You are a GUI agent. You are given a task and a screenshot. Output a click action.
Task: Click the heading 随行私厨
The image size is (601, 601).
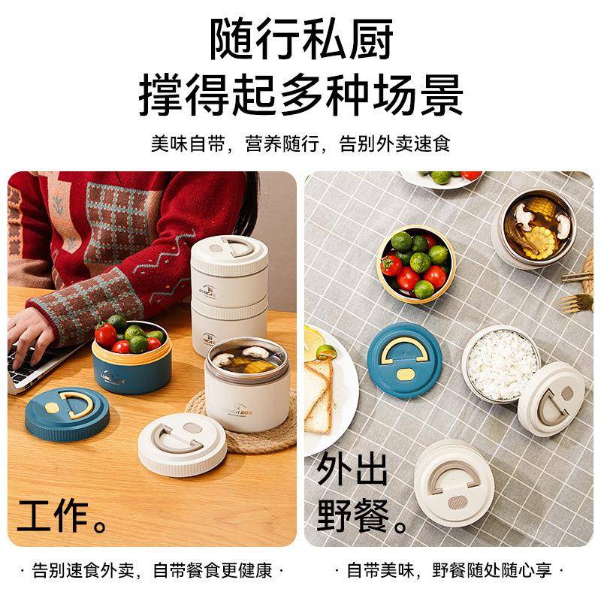[300, 39]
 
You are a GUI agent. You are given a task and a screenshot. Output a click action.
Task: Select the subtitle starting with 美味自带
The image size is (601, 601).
[300, 143]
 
